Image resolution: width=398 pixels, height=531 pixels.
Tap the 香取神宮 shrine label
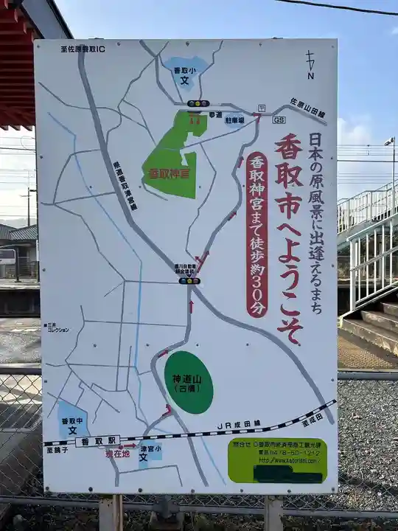pos(168,174)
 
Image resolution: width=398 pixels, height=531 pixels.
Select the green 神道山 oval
pos(188,382)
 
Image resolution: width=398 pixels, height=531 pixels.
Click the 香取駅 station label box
pos(97,440)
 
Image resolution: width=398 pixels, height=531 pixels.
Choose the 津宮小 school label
pos(150,451)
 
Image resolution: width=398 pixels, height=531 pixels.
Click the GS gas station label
pos(279,119)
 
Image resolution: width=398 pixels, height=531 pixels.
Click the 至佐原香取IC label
pos(82,49)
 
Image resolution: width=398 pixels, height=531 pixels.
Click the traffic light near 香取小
pos(198,103)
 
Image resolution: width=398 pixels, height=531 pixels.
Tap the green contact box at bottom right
pos(276,459)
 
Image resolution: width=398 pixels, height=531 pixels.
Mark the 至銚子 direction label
pos(56,449)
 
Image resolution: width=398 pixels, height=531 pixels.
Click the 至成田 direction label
pos(313,419)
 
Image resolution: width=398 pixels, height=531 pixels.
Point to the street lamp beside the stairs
pos(389,142)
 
